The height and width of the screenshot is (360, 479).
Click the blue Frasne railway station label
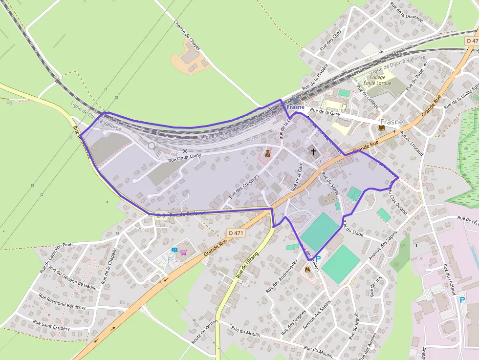[296, 106]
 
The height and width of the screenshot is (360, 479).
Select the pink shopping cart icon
[183, 253]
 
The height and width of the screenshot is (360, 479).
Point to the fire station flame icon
[307, 269]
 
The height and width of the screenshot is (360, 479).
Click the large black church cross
[313, 152]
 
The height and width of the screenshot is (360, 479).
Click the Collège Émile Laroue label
[381, 80]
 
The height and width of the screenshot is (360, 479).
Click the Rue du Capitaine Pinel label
[56, 257]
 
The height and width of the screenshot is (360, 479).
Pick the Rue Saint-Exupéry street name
[51, 325]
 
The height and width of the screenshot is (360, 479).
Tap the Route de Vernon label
[204, 330]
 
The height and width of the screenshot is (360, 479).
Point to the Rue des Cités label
[330, 40]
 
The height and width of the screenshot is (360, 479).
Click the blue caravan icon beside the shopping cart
[174, 250]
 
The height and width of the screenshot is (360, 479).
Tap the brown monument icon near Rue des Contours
[267, 153]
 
